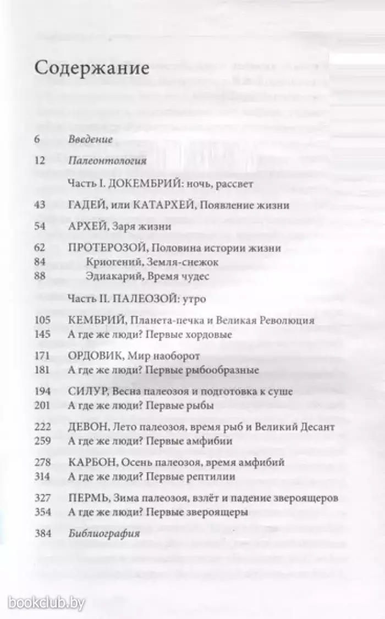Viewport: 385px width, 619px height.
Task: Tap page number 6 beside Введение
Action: (37, 139)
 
